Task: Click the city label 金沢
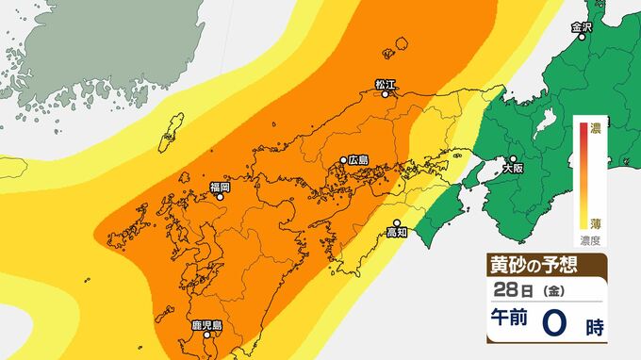583,28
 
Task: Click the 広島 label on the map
357,160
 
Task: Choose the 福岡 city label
219,188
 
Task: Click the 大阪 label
512,171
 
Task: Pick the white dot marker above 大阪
513,159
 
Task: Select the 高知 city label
398,232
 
